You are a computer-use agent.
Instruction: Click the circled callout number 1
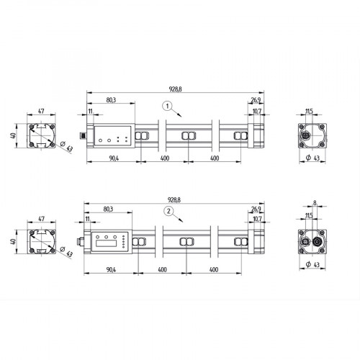tap(166, 105)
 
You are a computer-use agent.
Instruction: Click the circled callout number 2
tap(168, 211)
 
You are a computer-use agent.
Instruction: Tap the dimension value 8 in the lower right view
tap(315, 204)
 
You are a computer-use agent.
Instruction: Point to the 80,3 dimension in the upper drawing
tap(111, 101)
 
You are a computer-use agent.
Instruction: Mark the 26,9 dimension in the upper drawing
tap(256, 100)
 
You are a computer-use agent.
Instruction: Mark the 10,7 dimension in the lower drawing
tap(257, 218)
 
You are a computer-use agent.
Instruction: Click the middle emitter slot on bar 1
tap(188, 136)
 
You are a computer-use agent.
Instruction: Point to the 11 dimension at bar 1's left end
tap(90, 111)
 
